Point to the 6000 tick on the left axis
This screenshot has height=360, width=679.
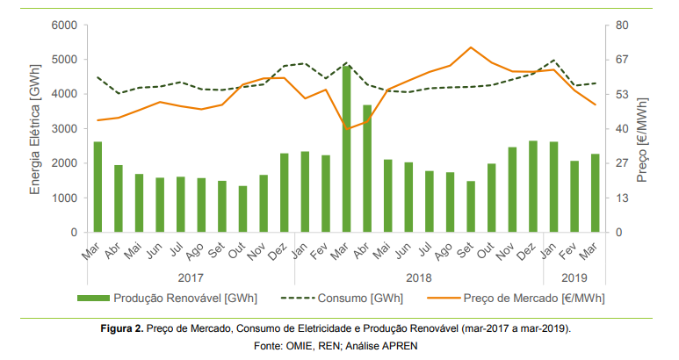(65, 25)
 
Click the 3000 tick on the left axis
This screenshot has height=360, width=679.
(65, 129)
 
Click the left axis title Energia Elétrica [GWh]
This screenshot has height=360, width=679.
(35, 129)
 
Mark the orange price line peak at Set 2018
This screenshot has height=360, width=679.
(471, 47)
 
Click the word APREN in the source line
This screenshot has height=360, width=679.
(401, 345)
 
